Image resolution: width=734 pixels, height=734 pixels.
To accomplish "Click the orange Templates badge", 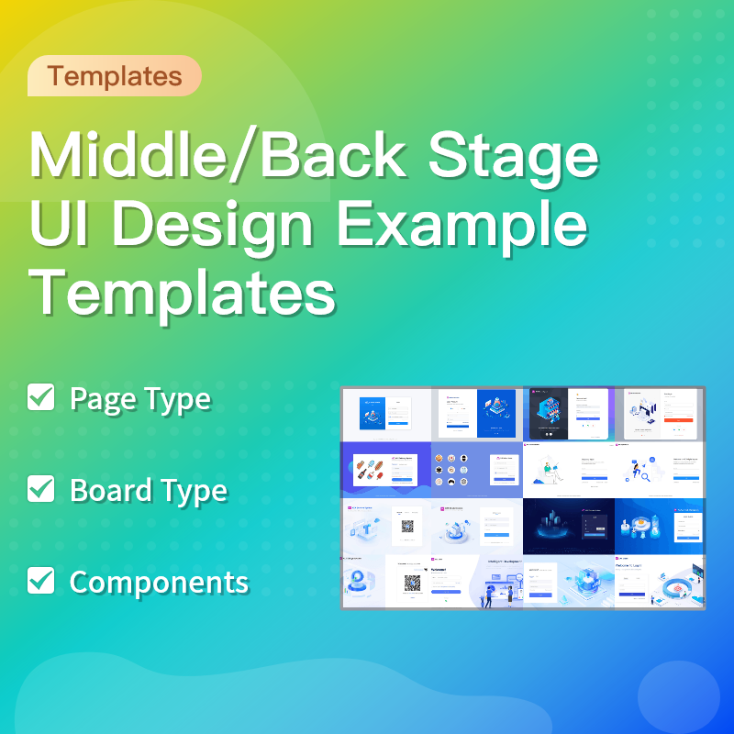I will (x=115, y=76).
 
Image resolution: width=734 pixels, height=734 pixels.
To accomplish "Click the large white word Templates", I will (x=183, y=293).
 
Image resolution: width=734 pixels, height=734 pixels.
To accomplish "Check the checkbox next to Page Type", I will (x=41, y=398).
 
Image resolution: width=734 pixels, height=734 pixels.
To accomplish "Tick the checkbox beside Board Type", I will (x=41, y=489).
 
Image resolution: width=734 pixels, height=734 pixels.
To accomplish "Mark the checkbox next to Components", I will (x=41, y=580).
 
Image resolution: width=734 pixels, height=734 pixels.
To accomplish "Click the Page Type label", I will (x=140, y=399).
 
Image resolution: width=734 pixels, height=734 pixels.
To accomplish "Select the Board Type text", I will (x=149, y=490).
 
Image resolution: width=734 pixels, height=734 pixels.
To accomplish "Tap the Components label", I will (x=159, y=581).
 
